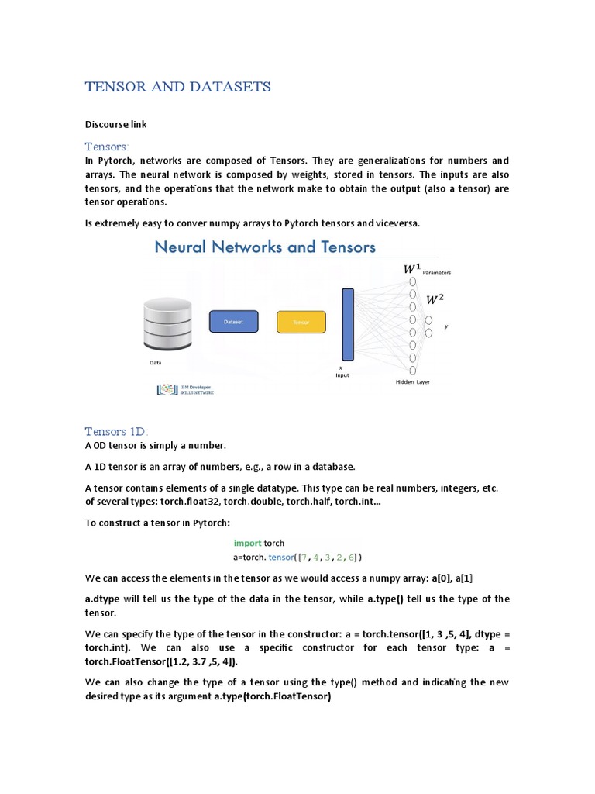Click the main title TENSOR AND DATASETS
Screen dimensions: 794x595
click(x=177, y=87)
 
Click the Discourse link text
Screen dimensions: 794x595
click(x=115, y=124)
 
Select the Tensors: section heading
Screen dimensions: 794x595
click(x=107, y=147)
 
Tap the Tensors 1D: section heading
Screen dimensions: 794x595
click(x=116, y=431)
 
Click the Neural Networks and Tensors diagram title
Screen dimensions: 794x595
click(x=265, y=247)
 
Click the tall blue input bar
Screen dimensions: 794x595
click(x=348, y=324)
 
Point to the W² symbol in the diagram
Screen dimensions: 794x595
click(x=436, y=299)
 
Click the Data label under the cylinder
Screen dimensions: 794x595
click(x=156, y=361)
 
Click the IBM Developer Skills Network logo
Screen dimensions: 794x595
click(x=185, y=390)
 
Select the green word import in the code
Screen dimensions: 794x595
click(x=247, y=543)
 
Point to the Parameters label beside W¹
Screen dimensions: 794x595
click(x=436, y=273)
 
